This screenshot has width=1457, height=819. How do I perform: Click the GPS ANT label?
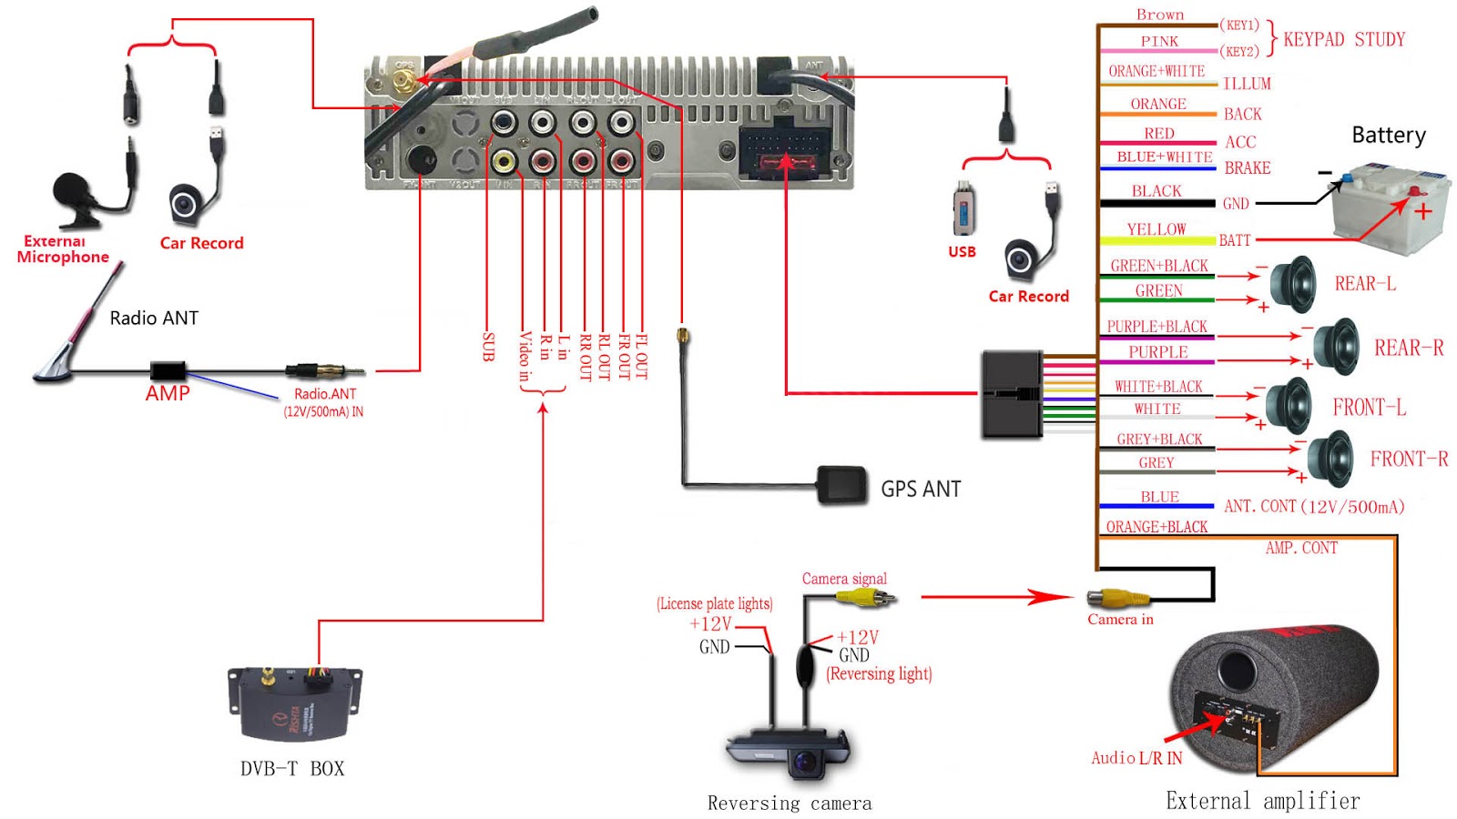(x=921, y=490)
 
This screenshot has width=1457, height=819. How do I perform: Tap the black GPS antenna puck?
(x=842, y=484)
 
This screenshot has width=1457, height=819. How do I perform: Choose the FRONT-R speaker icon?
(x=1332, y=459)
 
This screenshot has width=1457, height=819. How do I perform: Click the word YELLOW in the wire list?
(x=1156, y=229)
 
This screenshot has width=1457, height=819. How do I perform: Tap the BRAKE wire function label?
(x=1248, y=168)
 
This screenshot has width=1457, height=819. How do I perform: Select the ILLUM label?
(x=1247, y=84)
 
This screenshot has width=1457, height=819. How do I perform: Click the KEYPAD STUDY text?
(x=1344, y=39)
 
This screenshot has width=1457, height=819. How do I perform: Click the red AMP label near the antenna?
(x=168, y=393)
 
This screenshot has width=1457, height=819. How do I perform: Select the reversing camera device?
(x=790, y=752)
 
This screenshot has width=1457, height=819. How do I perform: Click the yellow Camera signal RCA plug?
(x=865, y=598)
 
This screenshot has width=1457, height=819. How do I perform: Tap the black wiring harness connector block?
(x=1012, y=394)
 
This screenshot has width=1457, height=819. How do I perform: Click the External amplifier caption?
(x=1263, y=801)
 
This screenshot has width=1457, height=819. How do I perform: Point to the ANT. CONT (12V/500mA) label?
(x=1314, y=506)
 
